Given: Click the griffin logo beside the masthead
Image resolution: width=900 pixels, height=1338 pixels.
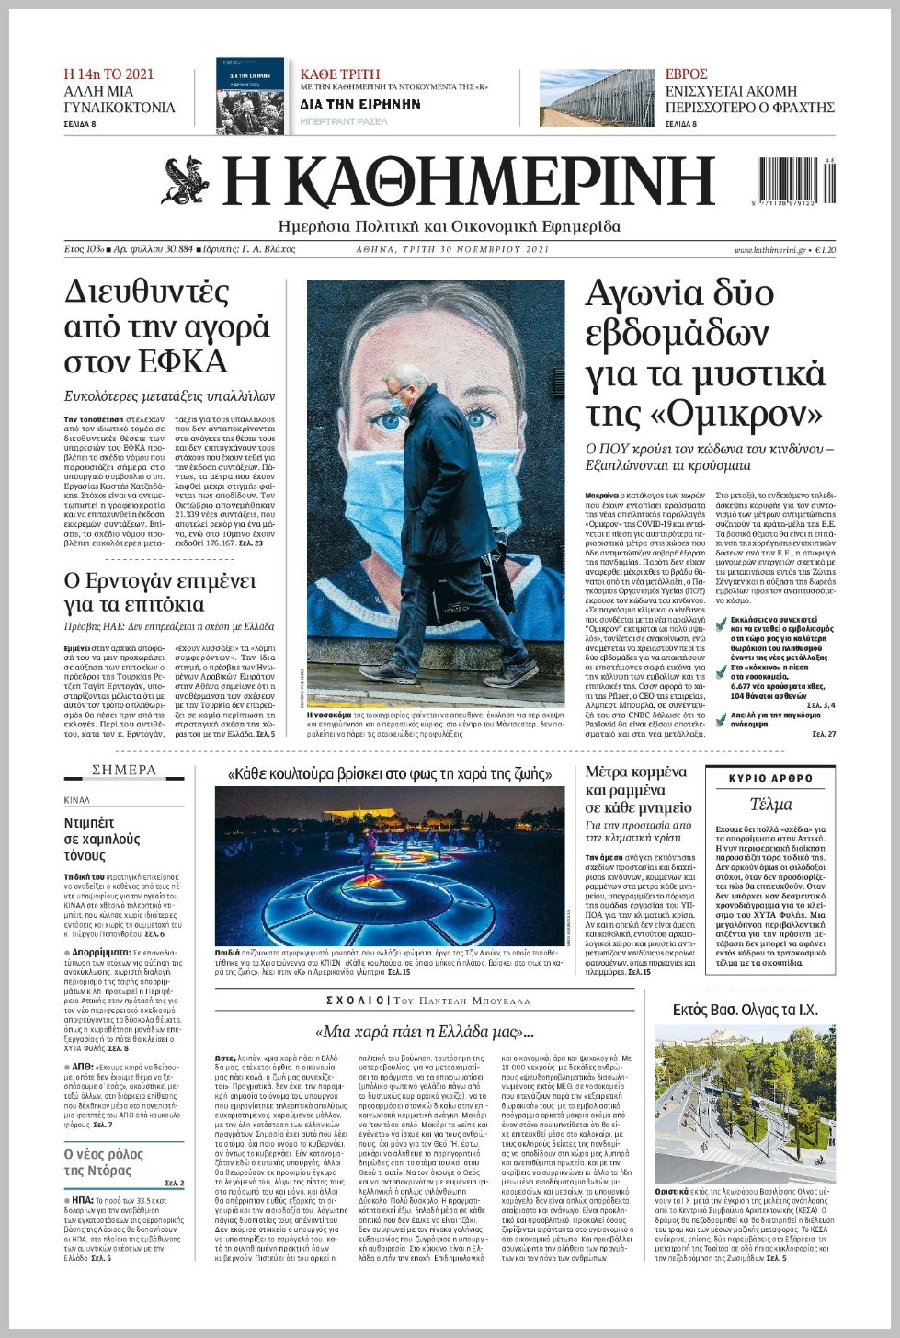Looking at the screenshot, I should [186, 181].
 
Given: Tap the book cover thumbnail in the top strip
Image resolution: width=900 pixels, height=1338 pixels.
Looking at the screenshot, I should [250, 96].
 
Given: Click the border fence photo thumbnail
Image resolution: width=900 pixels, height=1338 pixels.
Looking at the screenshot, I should [597, 97].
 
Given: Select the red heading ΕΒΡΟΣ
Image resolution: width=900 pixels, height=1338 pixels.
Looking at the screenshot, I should [687, 74].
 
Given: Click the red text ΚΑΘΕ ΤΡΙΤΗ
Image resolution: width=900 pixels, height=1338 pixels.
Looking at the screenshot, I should [340, 74].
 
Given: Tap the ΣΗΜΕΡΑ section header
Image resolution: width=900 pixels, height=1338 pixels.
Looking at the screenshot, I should [124, 770].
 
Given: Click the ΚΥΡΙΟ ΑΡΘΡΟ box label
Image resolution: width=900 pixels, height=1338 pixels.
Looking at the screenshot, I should [770, 778].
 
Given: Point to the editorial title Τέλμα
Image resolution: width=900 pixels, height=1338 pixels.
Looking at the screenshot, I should [770, 805].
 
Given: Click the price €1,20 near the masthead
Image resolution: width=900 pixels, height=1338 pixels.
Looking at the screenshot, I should [825, 250].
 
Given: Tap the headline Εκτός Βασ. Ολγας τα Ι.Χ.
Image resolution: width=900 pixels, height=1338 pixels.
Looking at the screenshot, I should [745, 1010].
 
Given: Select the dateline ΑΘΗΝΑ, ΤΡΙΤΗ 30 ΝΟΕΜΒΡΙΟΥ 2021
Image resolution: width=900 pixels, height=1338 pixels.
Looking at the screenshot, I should [452, 250].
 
